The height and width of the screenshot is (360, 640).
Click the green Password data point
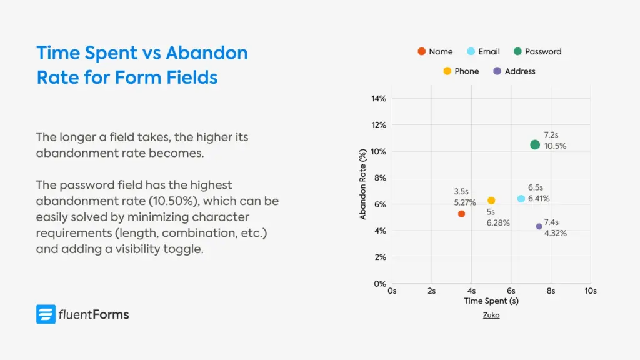(x=535, y=144)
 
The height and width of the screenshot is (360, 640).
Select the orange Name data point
(x=461, y=214)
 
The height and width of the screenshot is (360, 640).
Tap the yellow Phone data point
(x=491, y=201)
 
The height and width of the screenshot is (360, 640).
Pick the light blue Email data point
(x=521, y=199)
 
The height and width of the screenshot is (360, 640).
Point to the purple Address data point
(x=539, y=226)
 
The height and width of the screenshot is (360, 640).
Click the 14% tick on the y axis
(x=379, y=99)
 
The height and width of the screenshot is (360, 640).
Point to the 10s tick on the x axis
(x=590, y=291)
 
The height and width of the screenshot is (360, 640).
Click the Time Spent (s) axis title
(x=491, y=301)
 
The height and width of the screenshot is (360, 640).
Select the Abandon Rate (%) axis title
(x=363, y=184)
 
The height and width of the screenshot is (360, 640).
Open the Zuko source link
(x=491, y=316)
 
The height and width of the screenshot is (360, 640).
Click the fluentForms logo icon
(x=46, y=314)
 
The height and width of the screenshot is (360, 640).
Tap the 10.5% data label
(x=555, y=146)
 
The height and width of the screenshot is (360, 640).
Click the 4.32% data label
(x=556, y=234)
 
